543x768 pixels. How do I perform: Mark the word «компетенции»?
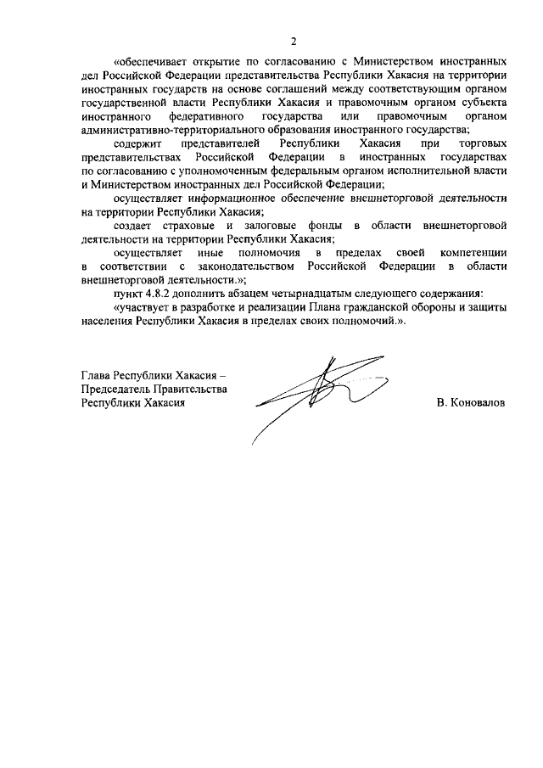pos(473,253)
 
